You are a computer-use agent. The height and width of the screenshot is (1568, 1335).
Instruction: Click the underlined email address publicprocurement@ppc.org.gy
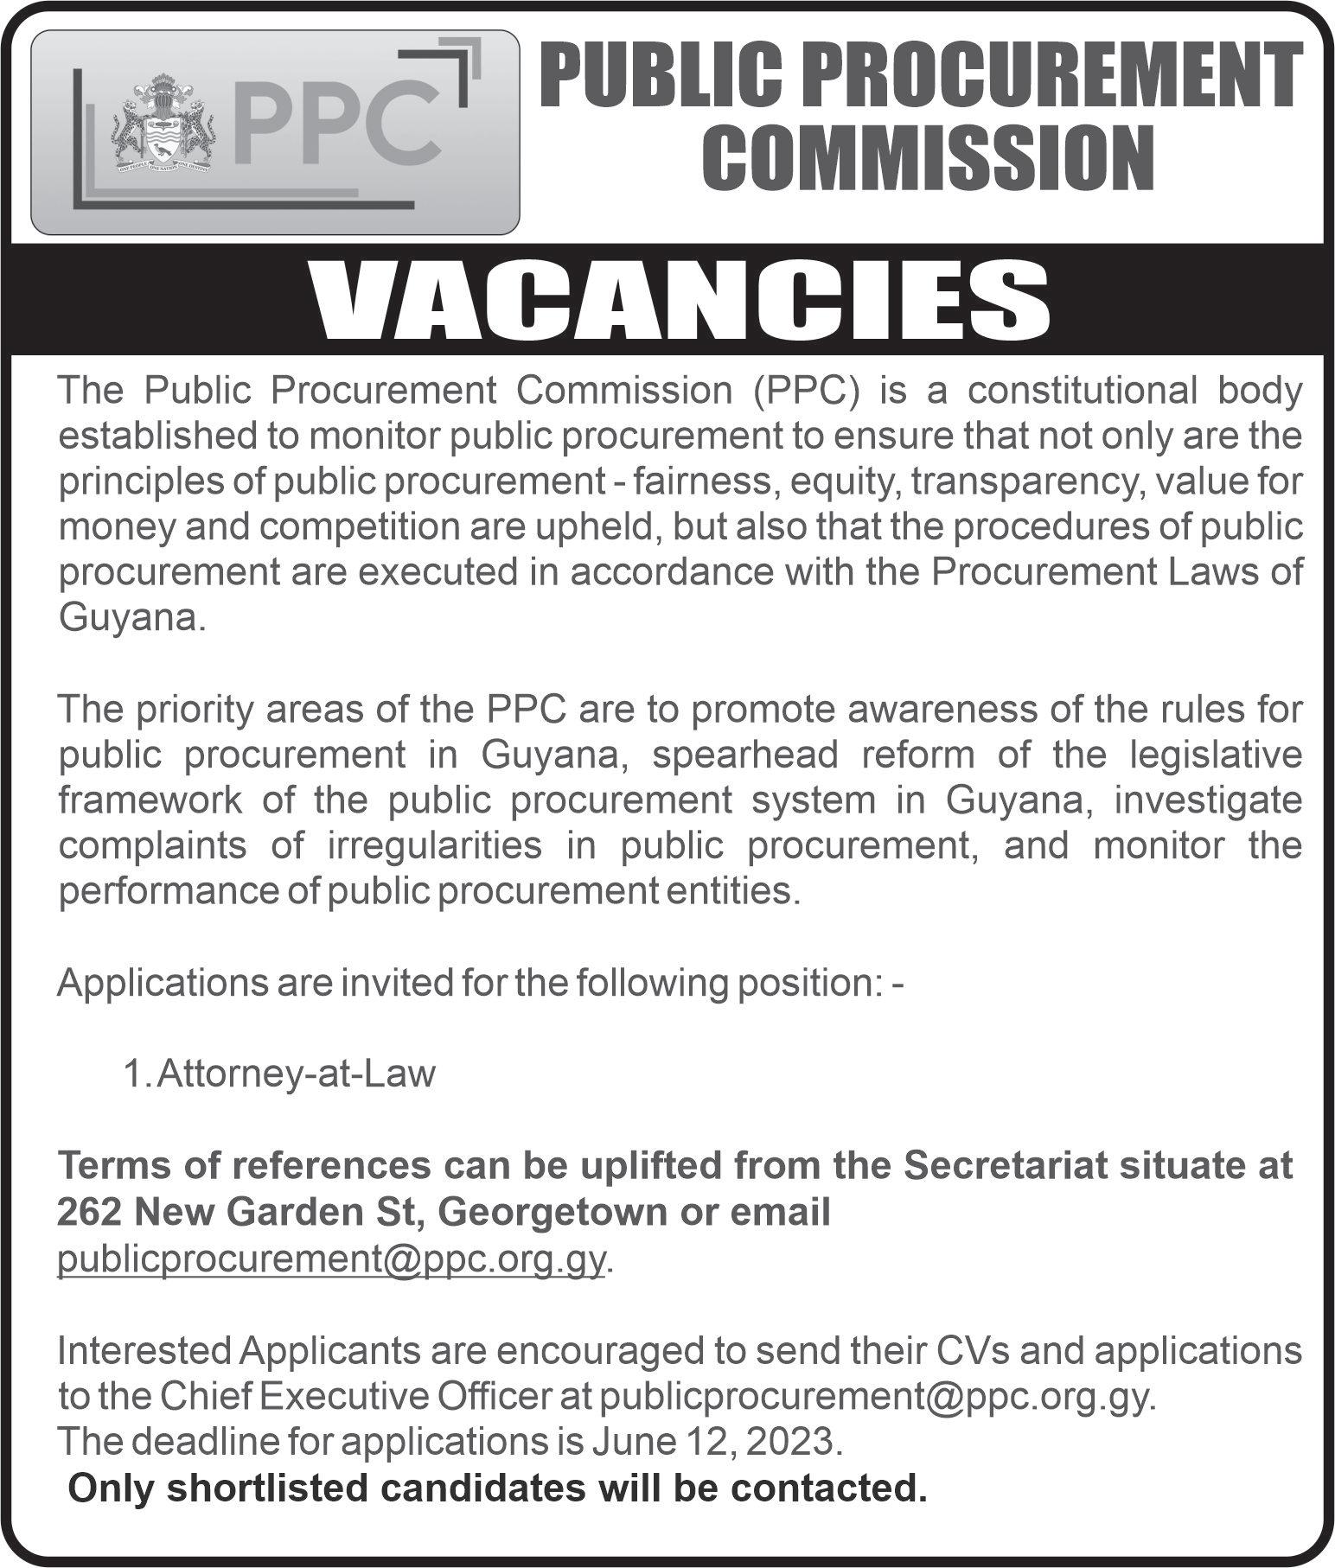pos(330,1259)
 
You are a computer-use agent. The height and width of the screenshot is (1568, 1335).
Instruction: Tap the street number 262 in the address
pos(89,1212)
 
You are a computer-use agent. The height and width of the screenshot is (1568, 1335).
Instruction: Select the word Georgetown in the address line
pos(554,1212)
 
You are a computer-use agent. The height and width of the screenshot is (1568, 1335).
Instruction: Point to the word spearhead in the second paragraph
pos(745,755)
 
